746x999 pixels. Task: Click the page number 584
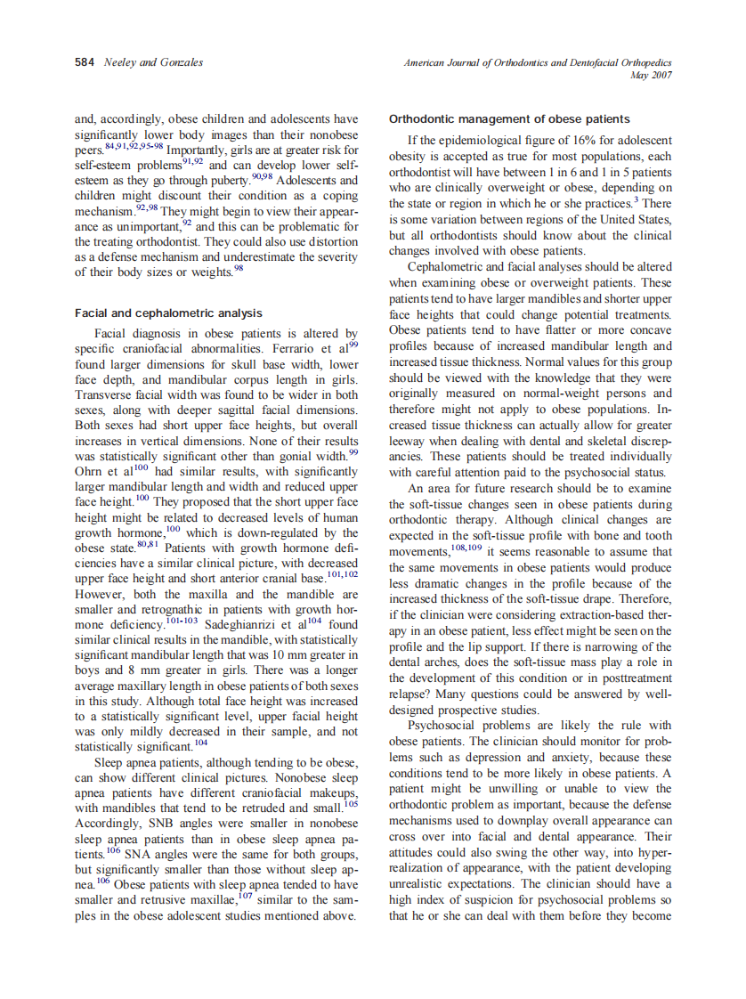[85, 62]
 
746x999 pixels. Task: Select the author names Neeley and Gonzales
[152, 62]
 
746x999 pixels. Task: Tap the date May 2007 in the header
[651, 75]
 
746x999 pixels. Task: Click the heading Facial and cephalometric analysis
[168, 313]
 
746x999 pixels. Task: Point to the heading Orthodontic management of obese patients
[509, 119]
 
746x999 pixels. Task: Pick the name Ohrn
[90, 471]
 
